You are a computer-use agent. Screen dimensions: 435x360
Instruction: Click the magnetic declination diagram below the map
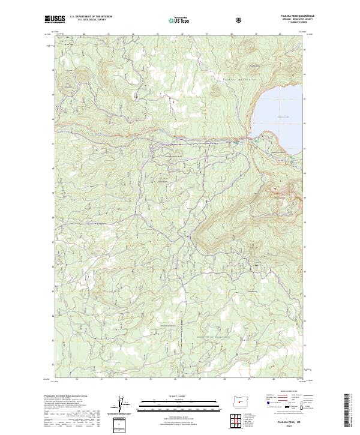click(125, 404)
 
